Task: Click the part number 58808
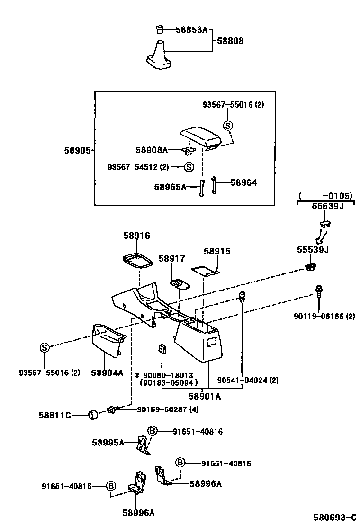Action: pos(230,41)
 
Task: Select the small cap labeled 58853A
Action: pos(160,29)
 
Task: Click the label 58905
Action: pos(77,150)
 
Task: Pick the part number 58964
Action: pos(243,182)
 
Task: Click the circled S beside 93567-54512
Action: pos(189,167)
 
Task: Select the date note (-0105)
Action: pos(325,195)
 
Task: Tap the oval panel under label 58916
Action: pos(137,261)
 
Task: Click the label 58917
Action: pos(172,259)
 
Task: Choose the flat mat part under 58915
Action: pos(206,271)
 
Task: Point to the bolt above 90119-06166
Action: pos(318,291)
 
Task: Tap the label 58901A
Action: pos(205,397)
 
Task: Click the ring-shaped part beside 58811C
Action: pos(93,415)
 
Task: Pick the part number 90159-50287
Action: pos(162,409)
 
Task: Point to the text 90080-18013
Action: pos(170,375)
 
